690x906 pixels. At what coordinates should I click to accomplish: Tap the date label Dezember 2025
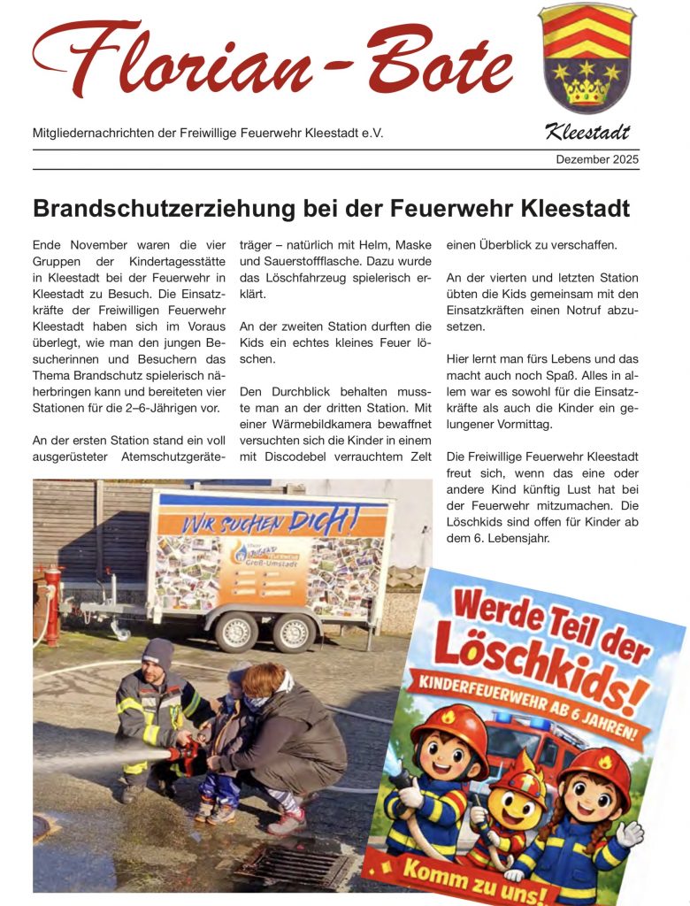click(x=597, y=159)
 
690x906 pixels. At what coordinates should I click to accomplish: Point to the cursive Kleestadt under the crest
click(x=586, y=134)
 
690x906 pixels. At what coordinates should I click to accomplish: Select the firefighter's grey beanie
click(x=157, y=654)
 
